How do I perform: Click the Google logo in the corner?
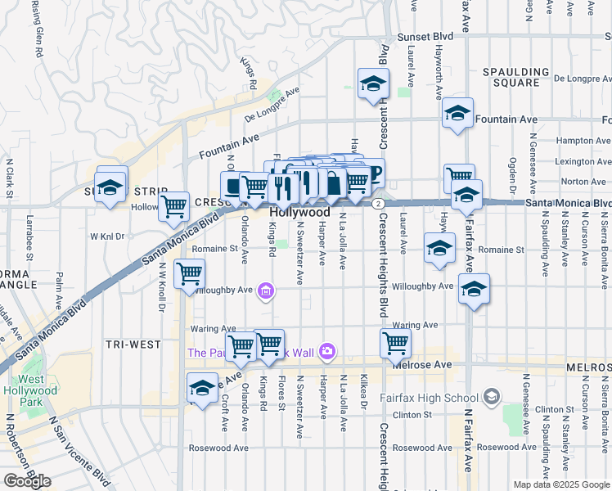pos(28,480)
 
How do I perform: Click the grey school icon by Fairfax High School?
pos(492,398)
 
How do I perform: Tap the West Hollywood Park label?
pos(38,385)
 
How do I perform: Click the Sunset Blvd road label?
pos(425,37)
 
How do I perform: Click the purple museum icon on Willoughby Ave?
pos(265,290)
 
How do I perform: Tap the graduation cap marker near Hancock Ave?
pos(202,388)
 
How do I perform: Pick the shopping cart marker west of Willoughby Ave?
pos(189,273)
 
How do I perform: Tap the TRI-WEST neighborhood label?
pos(133,345)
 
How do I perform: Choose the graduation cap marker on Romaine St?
pos(439,248)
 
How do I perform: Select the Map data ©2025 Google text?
pos(561,484)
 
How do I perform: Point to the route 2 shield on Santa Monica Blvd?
pos(377,203)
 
